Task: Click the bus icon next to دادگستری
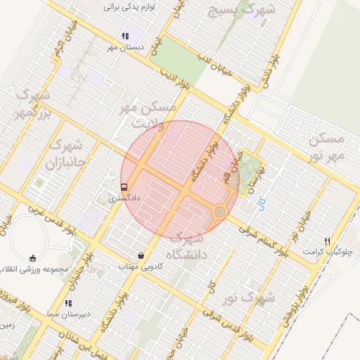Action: [124, 188]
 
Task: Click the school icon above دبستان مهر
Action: [124, 36]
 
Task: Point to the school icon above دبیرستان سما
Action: [67, 303]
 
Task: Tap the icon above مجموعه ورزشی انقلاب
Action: [33, 258]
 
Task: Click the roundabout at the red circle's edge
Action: [220, 210]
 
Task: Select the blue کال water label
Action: [262, 207]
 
